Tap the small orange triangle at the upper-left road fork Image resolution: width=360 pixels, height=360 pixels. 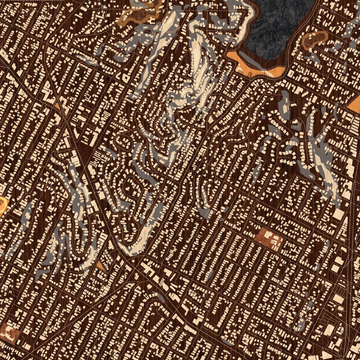click(x=57, y=105)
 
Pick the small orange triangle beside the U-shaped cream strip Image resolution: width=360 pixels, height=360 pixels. click(x=101, y=266)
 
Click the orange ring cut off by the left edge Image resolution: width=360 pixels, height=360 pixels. click(x=3, y=205)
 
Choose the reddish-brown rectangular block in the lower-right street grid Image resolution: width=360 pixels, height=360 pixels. click(x=270, y=239)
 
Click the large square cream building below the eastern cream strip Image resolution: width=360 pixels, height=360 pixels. click(x=339, y=215)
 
